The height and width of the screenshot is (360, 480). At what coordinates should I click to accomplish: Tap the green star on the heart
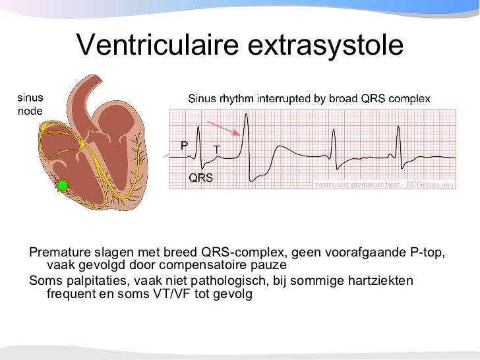tap(63, 185)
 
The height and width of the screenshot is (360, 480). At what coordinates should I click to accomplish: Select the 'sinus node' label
tap(30, 104)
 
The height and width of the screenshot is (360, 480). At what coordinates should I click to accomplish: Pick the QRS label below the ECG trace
tap(200, 177)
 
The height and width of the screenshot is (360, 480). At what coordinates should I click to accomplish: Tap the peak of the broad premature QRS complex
tap(245, 117)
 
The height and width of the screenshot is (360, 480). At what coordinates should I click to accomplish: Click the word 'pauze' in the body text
tap(268, 265)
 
